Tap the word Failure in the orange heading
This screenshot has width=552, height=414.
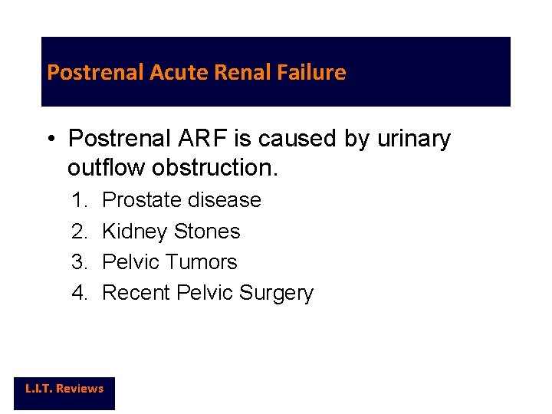[313, 73]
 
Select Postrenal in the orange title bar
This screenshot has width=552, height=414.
[96, 73]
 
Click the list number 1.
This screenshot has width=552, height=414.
[79, 200]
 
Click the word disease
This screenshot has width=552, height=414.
[226, 200]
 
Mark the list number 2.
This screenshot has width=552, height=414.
[79, 232]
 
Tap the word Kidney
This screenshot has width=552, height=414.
[135, 232]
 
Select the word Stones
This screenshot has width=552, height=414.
[207, 232]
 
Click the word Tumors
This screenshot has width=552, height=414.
[202, 262]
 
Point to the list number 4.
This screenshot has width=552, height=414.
[79, 293]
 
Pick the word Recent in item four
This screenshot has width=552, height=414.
[136, 293]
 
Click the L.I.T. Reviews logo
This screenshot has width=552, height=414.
[64, 389]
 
